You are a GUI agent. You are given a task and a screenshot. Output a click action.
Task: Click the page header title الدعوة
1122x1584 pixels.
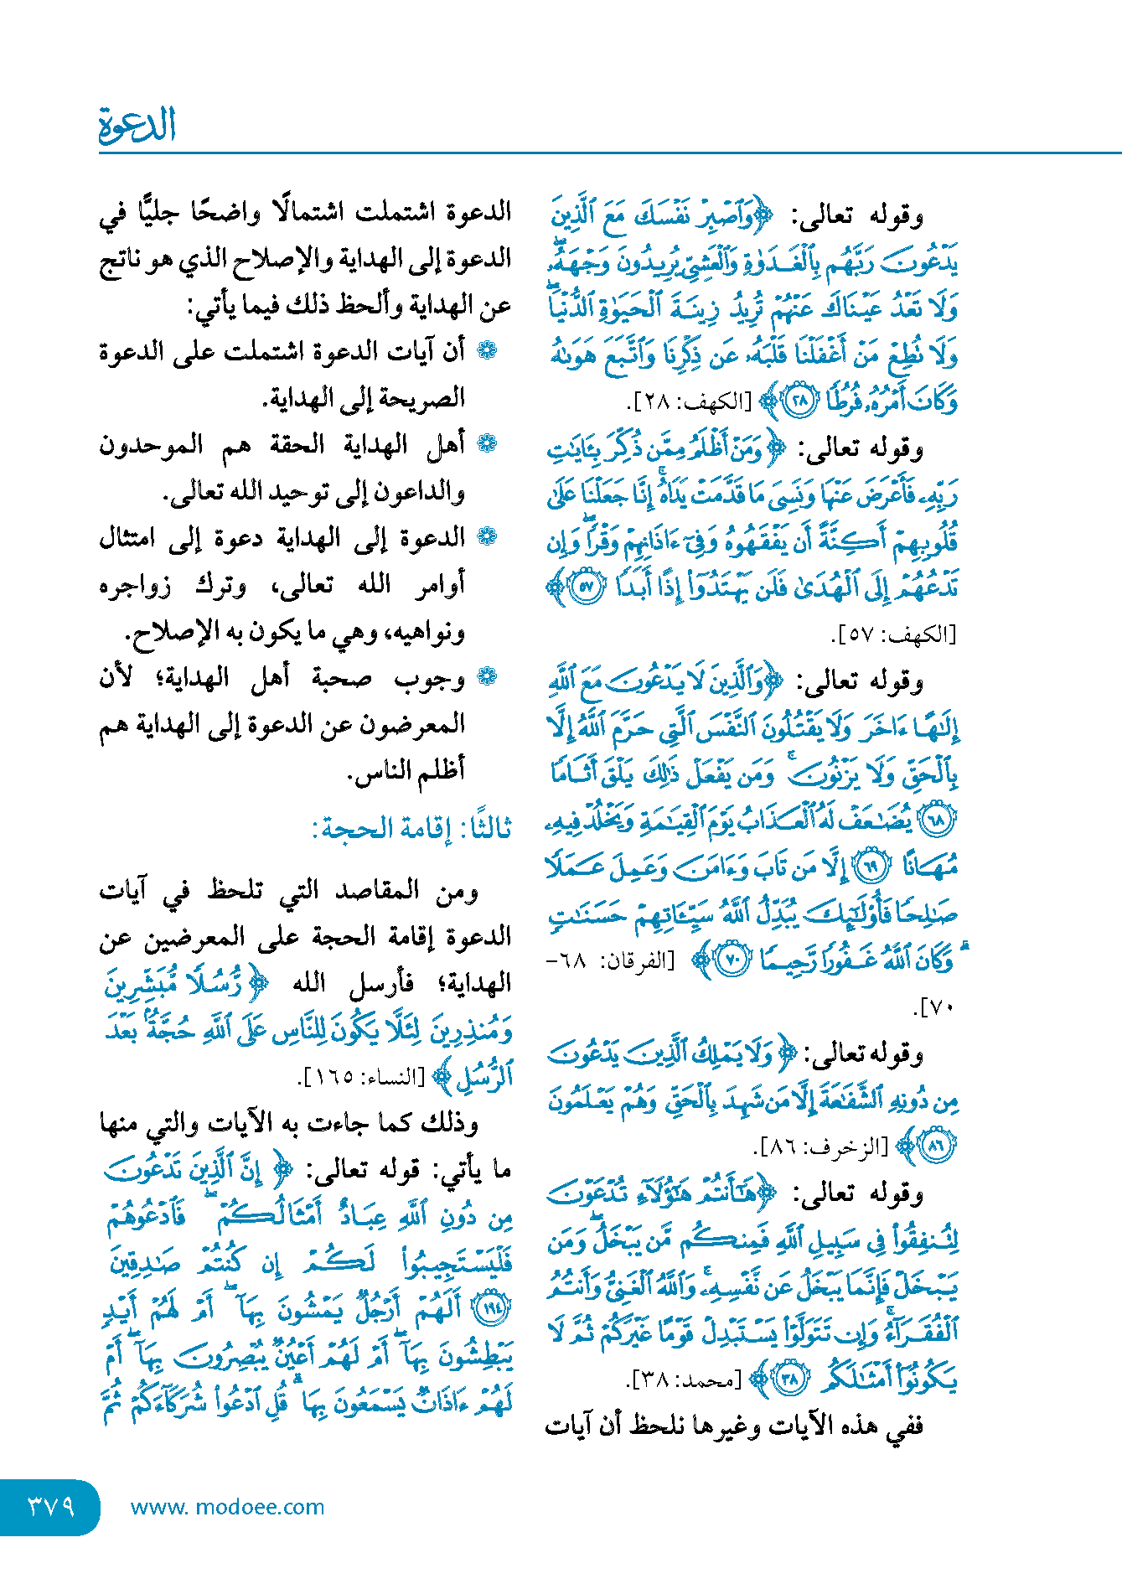137,126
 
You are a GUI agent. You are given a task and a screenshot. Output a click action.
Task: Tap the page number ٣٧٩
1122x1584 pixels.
52,1506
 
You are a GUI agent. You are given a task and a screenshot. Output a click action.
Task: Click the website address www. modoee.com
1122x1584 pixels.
227,1507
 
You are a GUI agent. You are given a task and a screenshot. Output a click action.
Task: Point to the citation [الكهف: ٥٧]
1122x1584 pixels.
894,634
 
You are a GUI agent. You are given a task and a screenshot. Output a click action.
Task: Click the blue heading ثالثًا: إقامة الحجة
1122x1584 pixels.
411,828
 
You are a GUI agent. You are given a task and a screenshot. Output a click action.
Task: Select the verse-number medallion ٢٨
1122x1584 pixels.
800,401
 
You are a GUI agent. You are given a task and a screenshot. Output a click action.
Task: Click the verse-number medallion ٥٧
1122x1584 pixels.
587,586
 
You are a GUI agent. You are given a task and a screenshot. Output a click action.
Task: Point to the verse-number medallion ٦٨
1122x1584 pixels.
938,820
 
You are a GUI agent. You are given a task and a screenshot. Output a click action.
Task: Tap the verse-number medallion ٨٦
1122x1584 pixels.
937,1146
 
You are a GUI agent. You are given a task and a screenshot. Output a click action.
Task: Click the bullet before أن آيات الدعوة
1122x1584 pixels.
486,350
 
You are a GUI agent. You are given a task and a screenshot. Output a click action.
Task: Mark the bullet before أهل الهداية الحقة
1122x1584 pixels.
486,443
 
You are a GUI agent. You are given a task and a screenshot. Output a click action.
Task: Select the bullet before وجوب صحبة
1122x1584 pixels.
486,676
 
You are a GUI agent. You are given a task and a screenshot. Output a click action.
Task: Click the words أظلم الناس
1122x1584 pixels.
406,769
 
